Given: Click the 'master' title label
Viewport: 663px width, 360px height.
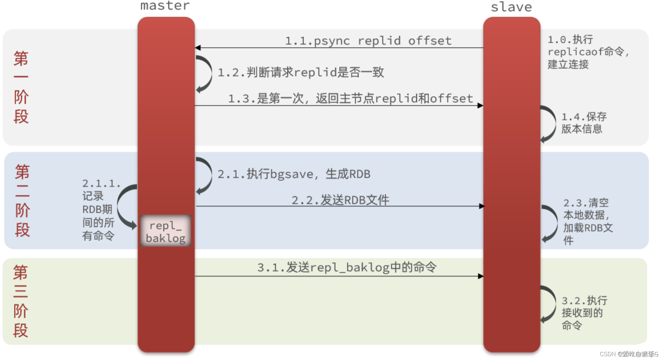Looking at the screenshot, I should click(165, 6).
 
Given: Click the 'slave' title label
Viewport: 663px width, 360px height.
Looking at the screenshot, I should click(511, 7).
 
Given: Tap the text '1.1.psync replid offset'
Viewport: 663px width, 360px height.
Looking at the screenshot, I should click(368, 41).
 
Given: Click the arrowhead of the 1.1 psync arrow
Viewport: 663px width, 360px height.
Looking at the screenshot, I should click(198, 48).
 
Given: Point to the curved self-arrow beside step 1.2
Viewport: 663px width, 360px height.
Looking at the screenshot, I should click(205, 74).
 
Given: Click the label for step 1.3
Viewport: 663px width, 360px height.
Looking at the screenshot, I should click(350, 98).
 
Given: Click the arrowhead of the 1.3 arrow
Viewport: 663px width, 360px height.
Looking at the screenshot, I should click(480, 106).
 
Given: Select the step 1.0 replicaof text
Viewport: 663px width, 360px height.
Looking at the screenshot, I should click(587, 52).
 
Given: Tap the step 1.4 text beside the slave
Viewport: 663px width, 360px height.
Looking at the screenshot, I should click(583, 123).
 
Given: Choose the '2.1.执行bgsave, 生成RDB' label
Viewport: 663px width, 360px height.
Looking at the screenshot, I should click(294, 174).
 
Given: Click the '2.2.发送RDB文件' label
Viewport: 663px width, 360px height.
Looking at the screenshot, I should click(340, 200).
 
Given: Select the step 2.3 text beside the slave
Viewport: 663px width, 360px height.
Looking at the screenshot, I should click(587, 221).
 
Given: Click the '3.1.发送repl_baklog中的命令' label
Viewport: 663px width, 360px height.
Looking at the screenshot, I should click(347, 267).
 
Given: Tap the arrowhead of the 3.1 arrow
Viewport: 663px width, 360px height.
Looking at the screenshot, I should click(480, 276).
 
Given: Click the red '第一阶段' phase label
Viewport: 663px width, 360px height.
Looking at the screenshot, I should click(21, 87).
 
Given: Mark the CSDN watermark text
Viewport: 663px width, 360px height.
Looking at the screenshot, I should click(628, 354).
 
